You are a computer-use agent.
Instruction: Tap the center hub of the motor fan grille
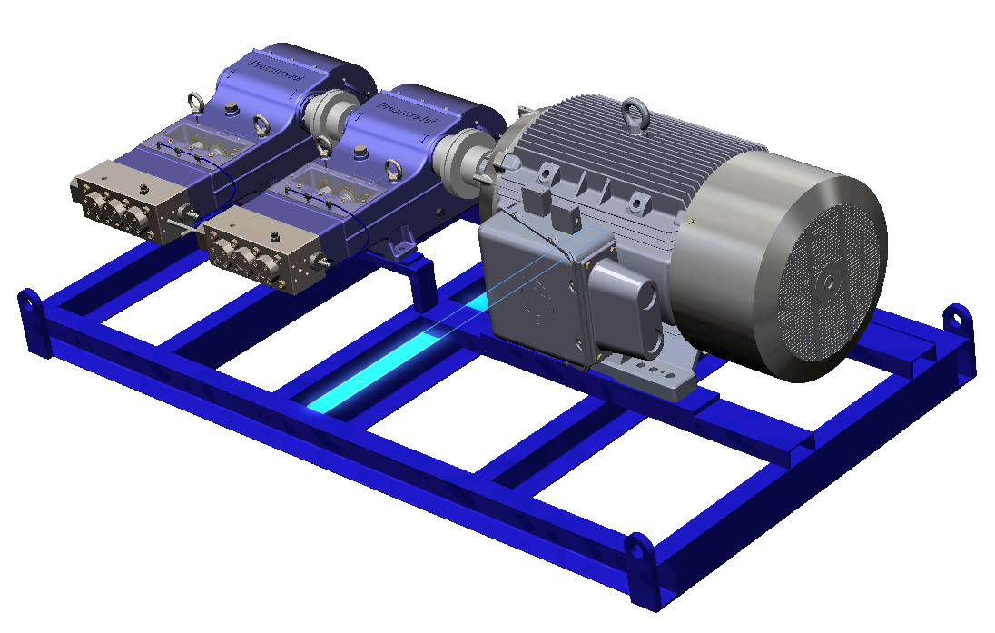[827, 281]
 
